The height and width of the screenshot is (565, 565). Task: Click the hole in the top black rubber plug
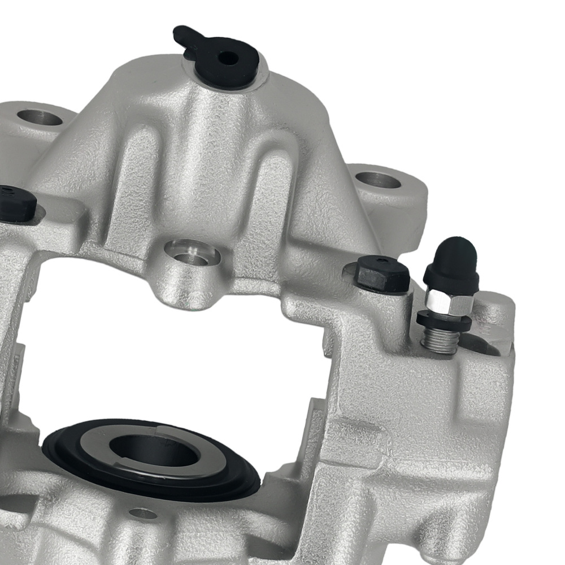tap(228, 58)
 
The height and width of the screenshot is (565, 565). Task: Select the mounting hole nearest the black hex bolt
tap(378, 180)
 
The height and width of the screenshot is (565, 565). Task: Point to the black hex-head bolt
tap(383, 275)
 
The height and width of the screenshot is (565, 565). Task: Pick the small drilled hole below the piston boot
tap(142, 514)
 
